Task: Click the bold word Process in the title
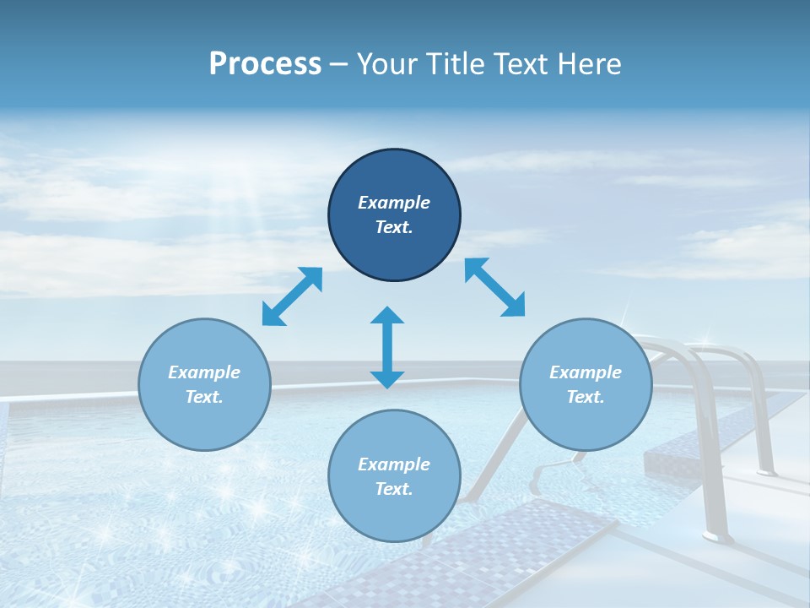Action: point(265,63)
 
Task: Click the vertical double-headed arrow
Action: point(387,347)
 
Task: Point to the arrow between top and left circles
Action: point(292,296)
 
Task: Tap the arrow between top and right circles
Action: point(494,287)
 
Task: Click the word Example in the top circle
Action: point(394,203)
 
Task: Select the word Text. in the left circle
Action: point(204,397)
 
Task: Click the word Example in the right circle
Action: point(586,372)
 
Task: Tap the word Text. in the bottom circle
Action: point(394,489)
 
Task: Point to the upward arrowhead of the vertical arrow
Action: point(387,316)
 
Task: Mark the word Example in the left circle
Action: point(204,372)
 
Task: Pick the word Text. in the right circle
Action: point(586,397)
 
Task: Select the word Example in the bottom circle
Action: point(394,464)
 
